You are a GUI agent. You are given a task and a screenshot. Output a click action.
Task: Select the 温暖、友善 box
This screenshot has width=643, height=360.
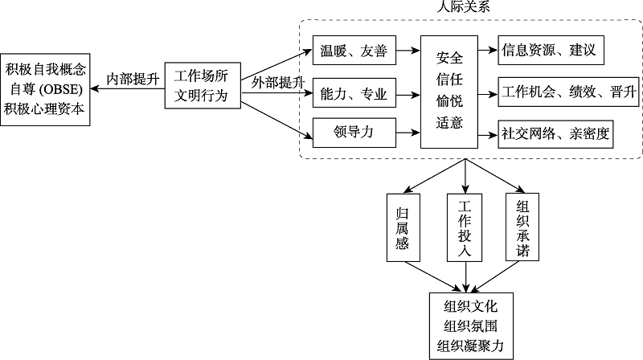[x=354, y=53]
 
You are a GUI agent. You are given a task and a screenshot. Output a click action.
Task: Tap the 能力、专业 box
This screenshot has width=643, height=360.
[x=354, y=95]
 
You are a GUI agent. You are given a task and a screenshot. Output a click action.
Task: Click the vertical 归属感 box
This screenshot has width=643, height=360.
[x=404, y=227]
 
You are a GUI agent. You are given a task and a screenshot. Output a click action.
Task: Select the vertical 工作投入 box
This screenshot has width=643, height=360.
[x=465, y=227]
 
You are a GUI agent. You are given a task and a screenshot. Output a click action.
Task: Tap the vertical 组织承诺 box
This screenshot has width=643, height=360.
[x=523, y=227]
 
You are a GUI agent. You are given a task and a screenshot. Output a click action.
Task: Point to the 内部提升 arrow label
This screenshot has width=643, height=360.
[x=133, y=78]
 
